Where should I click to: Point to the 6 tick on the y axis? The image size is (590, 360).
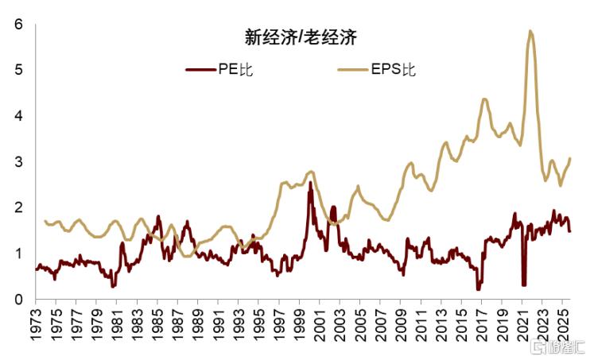click(x=17, y=25)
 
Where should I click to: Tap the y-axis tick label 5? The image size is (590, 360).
click(x=17, y=71)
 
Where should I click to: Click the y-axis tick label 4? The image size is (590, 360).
click(x=17, y=116)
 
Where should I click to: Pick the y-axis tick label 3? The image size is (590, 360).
click(x=17, y=162)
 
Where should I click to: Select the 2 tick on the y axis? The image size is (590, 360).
click(x=17, y=207)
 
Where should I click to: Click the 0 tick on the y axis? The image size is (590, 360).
click(x=17, y=300)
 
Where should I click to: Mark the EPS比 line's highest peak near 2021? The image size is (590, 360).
click(x=530, y=31)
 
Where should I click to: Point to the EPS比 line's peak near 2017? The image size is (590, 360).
click(x=484, y=99)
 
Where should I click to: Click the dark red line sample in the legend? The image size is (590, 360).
click(x=200, y=69)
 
